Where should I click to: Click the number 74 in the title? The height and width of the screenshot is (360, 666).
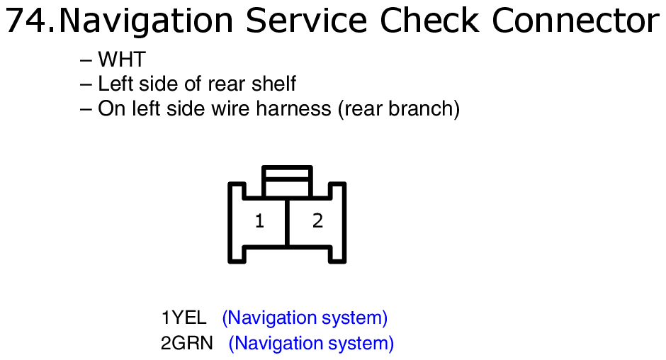[26, 21]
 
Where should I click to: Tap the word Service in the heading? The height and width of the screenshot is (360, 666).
[306, 21]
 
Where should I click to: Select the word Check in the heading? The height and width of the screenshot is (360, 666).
[429, 21]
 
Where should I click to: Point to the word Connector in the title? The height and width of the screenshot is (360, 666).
[575, 21]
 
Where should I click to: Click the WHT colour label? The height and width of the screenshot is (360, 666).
[122, 59]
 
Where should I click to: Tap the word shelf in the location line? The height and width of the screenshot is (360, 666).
[273, 84]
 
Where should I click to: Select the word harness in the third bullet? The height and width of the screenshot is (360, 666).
[293, 108]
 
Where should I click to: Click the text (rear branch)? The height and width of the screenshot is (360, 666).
[399, 109]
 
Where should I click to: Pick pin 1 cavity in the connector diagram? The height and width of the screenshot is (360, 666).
[259, 221]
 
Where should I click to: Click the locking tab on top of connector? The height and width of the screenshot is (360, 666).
[287, 181]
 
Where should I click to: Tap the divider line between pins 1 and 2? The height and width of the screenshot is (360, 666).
[288, 222]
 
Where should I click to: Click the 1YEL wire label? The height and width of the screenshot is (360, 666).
[184, 317]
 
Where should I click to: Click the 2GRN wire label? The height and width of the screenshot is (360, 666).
[187, 343]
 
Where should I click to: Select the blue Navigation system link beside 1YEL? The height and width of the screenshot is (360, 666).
[305, 318]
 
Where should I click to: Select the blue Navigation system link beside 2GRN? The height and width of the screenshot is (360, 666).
[311, 344]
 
